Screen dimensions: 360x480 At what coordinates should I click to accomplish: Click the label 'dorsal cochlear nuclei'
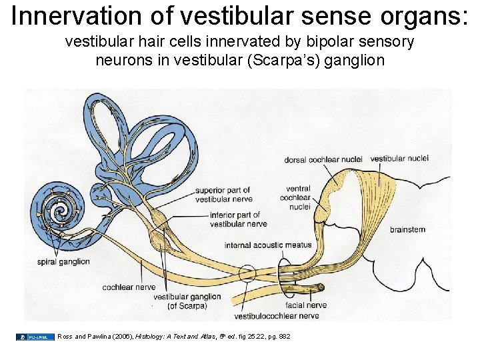point(323,159)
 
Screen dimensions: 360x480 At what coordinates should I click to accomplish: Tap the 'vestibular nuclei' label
point(399,159)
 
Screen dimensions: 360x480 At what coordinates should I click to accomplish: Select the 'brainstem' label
point(407,229)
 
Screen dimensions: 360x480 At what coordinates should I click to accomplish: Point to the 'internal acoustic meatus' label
point(268,245)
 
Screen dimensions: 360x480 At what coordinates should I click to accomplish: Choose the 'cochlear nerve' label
point(129,287)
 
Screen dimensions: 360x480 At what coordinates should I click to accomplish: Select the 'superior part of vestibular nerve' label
point(224,195)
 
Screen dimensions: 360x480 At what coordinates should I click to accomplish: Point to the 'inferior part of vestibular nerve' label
point(238,219)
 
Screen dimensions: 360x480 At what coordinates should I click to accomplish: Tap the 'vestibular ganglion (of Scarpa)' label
point(186,301)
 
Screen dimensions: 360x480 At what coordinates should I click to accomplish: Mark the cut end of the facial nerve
point(321,287)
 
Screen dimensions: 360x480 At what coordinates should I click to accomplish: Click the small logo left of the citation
point(35,337)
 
